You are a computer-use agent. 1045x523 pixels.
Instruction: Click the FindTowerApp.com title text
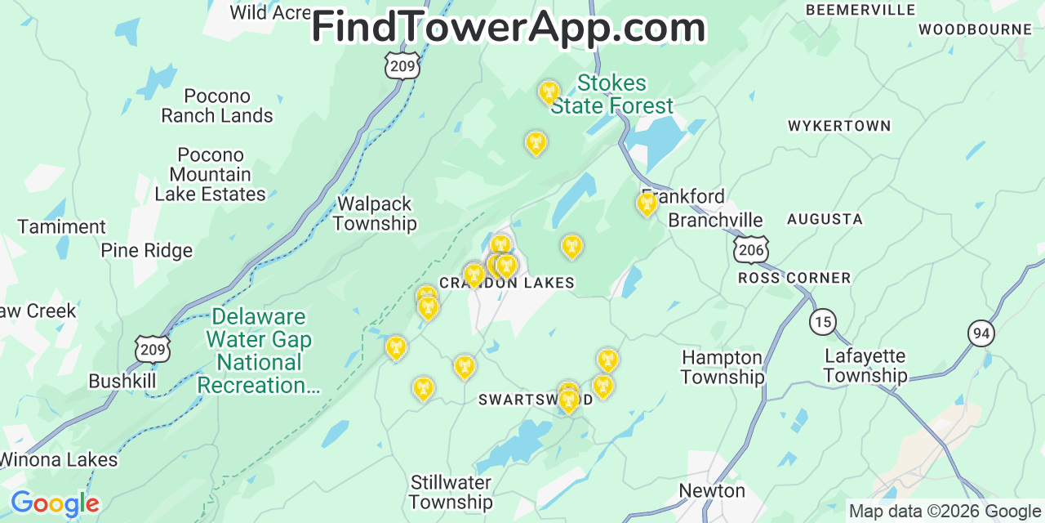coord(508,28)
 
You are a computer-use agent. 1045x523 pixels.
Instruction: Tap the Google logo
coord(54,503)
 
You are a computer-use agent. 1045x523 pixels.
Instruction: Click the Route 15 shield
coord(823,321)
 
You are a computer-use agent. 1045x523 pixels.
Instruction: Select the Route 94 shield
coord(981,333)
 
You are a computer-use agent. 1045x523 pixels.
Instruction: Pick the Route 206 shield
coord(749,250)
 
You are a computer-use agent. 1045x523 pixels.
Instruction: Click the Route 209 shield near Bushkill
coord(153,349)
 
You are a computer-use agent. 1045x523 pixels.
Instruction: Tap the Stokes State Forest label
coord(611,95)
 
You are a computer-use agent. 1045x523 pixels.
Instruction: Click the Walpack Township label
coord(375,213)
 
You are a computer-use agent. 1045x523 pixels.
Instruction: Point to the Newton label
coord(712,490)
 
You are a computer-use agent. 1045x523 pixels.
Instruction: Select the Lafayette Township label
coord(865,365)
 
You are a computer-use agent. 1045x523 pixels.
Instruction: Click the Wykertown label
coord(838,126)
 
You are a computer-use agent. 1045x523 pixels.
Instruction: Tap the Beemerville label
coord(860,10)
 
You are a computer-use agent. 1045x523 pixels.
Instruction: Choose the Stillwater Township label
coord(451,492)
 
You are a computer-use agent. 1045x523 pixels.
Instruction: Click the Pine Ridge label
coord(147,250)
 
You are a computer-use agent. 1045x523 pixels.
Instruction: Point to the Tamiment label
coord(62,226)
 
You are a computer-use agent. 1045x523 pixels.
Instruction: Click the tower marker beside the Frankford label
coord(647,203)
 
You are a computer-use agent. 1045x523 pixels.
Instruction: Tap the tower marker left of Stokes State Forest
coord(549,92)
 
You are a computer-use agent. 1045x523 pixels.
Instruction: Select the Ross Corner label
coord(794,278)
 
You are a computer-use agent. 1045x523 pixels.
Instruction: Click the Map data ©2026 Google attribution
coord(945,512)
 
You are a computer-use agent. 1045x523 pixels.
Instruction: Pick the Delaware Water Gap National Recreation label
coord(259,351)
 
